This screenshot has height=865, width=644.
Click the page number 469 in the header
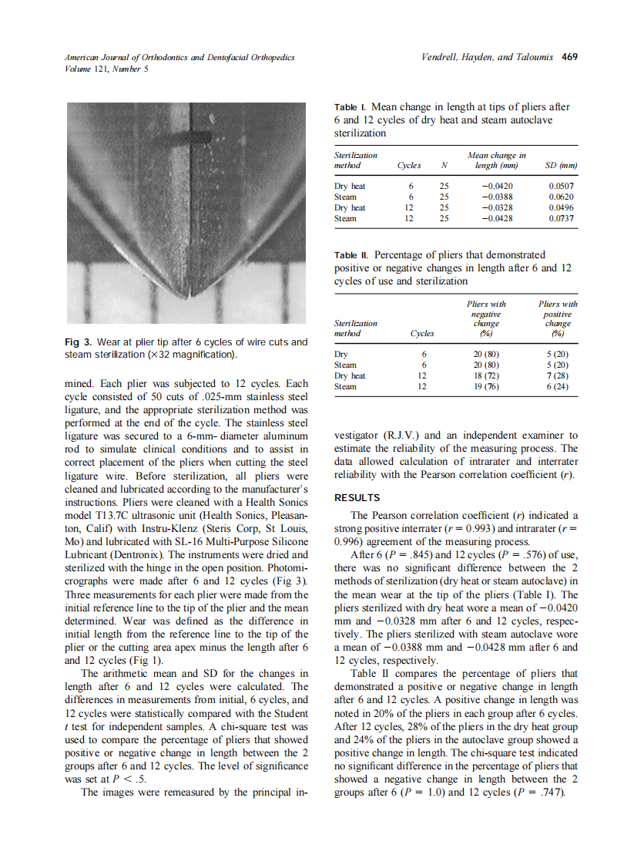(569, 57)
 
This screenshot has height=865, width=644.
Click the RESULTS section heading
(357, 498)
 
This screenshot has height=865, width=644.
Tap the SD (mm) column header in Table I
(561, 166)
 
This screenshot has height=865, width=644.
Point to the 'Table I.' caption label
(349, 107)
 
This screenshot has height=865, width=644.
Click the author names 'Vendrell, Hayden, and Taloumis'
(488, 57)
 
